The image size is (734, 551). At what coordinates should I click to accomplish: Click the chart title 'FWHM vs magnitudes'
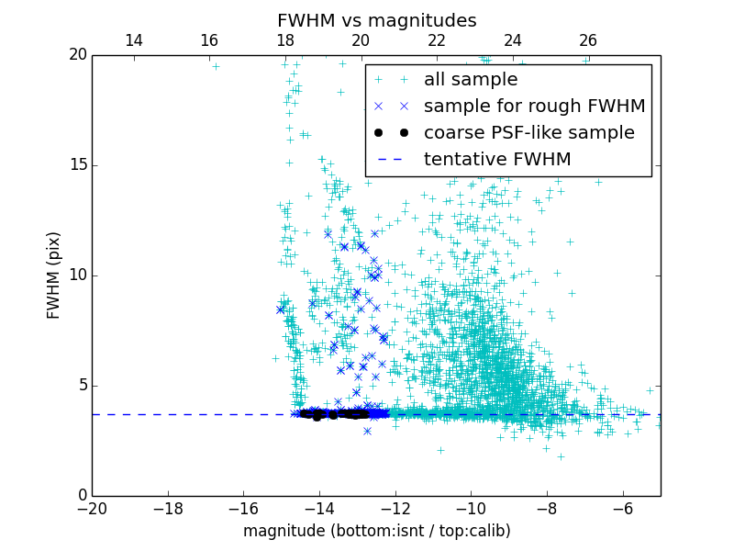click(376, 20)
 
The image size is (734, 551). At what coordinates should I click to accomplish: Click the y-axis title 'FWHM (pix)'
click(54, 275)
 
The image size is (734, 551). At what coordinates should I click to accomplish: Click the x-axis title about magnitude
click(376, 531)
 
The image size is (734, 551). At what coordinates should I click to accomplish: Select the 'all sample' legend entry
click(471, 80)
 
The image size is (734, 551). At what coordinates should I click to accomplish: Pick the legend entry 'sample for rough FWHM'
click(534, 107)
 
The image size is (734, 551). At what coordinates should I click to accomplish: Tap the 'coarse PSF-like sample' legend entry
click(528, 133)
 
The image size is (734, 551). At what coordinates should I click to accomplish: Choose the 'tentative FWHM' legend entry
click(497, 160)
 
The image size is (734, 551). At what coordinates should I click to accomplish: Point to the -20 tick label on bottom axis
click(92, 508)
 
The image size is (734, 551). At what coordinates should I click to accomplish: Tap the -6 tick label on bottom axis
click(622, 508)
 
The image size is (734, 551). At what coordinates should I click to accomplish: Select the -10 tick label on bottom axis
click(471, 508)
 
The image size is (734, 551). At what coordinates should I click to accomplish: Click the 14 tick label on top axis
click(133, 40)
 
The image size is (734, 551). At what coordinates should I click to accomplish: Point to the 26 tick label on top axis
click(588, 40)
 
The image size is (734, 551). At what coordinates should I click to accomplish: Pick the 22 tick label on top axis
click(437, 40)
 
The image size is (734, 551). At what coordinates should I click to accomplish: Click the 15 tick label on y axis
click(76, 165)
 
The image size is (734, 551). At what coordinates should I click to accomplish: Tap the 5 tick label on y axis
click(81, 386)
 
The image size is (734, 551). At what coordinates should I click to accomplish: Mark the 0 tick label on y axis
click(81, 496)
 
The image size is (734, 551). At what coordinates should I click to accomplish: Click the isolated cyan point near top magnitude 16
click(216, 66)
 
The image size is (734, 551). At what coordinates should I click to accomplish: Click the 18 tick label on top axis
click(284, 40)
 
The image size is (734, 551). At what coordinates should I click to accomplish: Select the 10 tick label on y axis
click(76, 275)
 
